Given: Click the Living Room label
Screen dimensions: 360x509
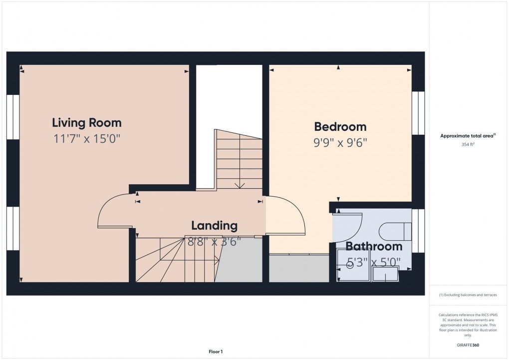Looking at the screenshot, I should pyautogui.click(x=87, y=122).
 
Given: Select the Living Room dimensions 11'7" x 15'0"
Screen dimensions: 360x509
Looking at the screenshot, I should pyautogui.click(x=87, y=138).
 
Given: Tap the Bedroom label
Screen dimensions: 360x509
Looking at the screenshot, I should pyautogui.click(x=340, y=126).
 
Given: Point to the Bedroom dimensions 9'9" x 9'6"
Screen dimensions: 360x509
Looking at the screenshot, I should pyautogui.click(x=340, y=142).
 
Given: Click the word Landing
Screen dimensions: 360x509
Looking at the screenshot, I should pyautogui.click(x=214, y=225).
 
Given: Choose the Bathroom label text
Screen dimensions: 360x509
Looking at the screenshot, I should pyautogui.click(x=374, y=246).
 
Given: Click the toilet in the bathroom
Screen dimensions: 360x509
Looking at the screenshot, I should pyautogui.click(x=395, y=231).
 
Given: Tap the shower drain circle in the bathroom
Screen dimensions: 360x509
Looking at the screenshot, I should pyautogui.click(x=350, y=265).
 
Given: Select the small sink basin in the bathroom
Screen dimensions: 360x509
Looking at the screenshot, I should pyautogui.click(x=385, y=274).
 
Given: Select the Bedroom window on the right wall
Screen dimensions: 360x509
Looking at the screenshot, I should pyautogui.click(x=418, y=113).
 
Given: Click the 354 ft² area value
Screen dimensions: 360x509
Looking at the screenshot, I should pyautogui.click(x=468, y=144).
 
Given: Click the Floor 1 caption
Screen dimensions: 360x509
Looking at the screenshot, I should pyautogui.click(x=216, y=352).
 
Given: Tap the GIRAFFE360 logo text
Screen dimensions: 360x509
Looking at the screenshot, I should pyautogui.click(x=468, y=345).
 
